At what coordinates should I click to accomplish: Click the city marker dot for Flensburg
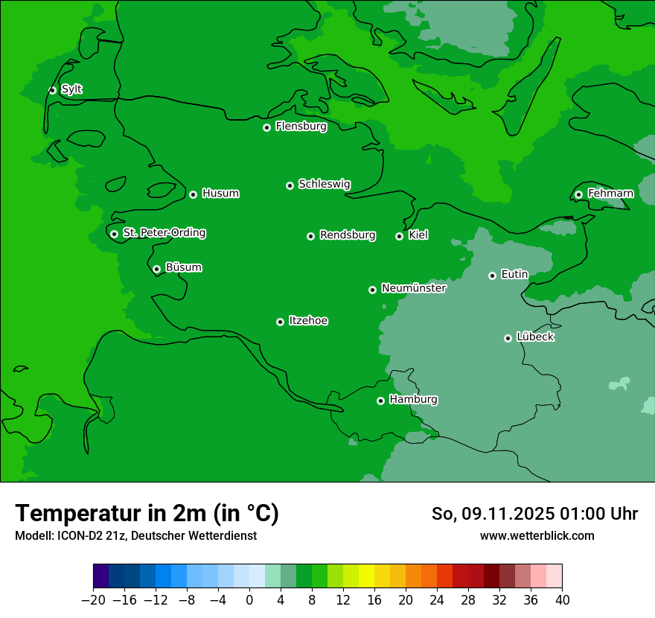pos(266,127)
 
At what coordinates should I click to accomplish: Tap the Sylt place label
pos(71,89)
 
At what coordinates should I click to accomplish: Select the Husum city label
pos(220,194)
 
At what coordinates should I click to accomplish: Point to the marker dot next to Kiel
pos(399,236)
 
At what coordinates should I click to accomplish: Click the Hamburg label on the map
pos(413,400)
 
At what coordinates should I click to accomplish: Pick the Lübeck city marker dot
pos(508,338)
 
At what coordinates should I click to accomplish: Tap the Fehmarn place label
pos(610,194)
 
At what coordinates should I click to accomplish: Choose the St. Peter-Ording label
pos(164,233)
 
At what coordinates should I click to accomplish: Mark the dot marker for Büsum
pos(156,269)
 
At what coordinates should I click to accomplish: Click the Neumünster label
pos(414,288)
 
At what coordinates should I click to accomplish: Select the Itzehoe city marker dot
pos(280,322)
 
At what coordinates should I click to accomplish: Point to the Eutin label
pos(514,275)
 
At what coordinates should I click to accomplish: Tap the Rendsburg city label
pos(348,235)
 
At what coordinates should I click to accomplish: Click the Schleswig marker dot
pos(290,185)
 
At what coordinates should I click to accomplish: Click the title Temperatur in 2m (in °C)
pos(147,513)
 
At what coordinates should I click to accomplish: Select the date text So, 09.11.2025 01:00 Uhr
pos(534,514)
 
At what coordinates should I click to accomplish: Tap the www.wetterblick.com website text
pos(537,535)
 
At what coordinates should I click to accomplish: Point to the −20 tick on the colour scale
pos(93,600)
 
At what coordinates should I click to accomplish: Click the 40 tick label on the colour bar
pos(562,600)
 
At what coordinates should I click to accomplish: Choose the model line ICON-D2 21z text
pos(135,535)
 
